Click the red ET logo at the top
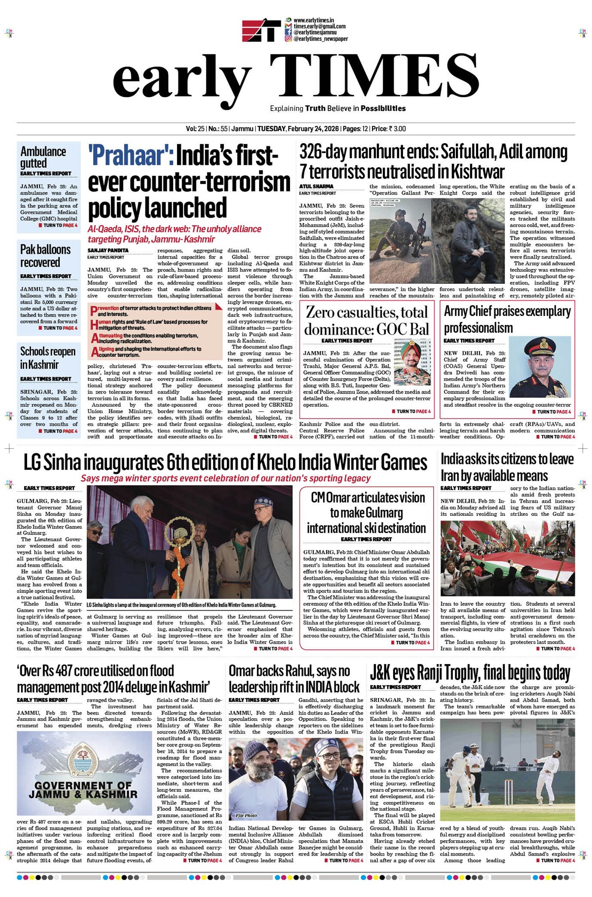(x=261, y=30)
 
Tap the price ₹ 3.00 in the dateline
(x=397, y=129)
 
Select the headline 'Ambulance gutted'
(x=43, y=157)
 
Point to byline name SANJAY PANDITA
(x=108, y=250)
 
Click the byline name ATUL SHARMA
(x=316, y=187)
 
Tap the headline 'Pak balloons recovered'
(x=45, y=256)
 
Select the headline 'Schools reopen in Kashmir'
(x=47, y=358)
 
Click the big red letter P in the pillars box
(x=94, y=311)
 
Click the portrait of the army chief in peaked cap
(x=541, y=366)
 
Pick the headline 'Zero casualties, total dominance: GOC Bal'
(x=367, y=320)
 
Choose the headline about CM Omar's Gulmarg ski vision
(x=367, y=512)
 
